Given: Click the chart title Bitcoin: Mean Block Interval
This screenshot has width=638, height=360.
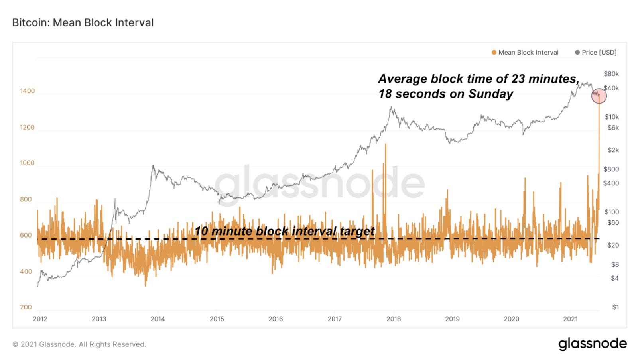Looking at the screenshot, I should [x=83, y=23].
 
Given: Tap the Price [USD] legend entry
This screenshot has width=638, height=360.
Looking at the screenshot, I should [x=596, y=53].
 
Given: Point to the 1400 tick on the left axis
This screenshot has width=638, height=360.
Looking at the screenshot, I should [x=27, y=91].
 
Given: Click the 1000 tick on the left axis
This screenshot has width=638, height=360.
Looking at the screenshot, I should [x=27, y=163].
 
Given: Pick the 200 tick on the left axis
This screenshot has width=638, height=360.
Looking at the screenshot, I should [x=26, y=307].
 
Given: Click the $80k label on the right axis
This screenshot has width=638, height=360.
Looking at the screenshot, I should [x=611, y=74].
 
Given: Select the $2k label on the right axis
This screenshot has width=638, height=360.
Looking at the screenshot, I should [x=613, y=150].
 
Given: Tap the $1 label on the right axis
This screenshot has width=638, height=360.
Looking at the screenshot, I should [x=615, y=307].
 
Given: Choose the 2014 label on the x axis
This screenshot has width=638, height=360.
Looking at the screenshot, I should [x=158, y=319].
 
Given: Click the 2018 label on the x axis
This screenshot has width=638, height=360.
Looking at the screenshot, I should [x=393, y=319].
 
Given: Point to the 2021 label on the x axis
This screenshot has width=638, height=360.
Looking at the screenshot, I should [x=570, y=319].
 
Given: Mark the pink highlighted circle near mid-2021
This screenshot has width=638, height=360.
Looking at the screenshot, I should [x=599, y=96].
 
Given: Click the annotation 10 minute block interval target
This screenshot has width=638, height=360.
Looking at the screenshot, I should [x=284, y=231].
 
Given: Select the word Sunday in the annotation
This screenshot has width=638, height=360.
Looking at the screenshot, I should [x=490, y=94].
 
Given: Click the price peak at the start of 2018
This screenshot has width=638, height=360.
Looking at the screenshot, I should [x=392, y=107].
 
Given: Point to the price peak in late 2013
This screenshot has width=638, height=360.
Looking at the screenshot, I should [x=153, y=166].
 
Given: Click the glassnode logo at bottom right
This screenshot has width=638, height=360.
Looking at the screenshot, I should [x=592, y=344].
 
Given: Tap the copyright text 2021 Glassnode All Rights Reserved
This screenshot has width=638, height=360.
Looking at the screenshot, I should [x=79, y=344].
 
